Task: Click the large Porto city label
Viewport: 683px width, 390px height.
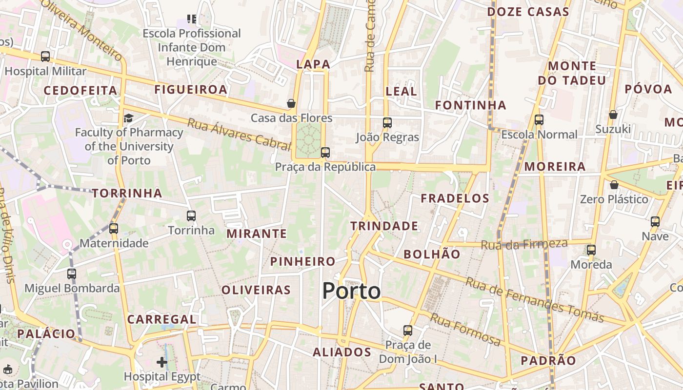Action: tap(351, 291)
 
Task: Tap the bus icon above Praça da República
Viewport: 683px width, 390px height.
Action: tap(325, 153)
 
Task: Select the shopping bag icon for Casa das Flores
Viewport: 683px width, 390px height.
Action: tap(291, 103)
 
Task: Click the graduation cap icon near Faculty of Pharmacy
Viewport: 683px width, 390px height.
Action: tap(128, 118)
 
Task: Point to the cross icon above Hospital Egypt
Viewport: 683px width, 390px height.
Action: tap(162, 362)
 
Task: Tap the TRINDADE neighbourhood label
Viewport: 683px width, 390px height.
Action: tap(384, 226)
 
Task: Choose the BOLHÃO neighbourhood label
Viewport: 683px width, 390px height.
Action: tap(432, 254)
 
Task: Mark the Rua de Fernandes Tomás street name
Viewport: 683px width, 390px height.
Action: tap(535, 300)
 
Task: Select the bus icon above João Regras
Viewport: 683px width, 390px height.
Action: tap(387, 123)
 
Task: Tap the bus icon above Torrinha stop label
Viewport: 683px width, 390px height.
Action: tap(191, 215)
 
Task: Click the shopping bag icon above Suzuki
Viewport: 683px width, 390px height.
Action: tap(613, 115)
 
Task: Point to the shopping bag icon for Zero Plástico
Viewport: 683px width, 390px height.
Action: tap(614, 185)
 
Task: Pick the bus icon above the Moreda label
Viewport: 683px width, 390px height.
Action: tap(591, 250)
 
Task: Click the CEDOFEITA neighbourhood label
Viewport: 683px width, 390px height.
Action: tap(80, 90)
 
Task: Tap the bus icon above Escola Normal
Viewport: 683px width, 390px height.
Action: tap(539, 120)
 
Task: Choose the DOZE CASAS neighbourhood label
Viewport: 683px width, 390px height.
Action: tap(528, 12)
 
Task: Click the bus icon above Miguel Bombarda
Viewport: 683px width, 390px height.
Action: tap(72, 273)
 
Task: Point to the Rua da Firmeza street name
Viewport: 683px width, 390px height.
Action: tap(524, 244)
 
